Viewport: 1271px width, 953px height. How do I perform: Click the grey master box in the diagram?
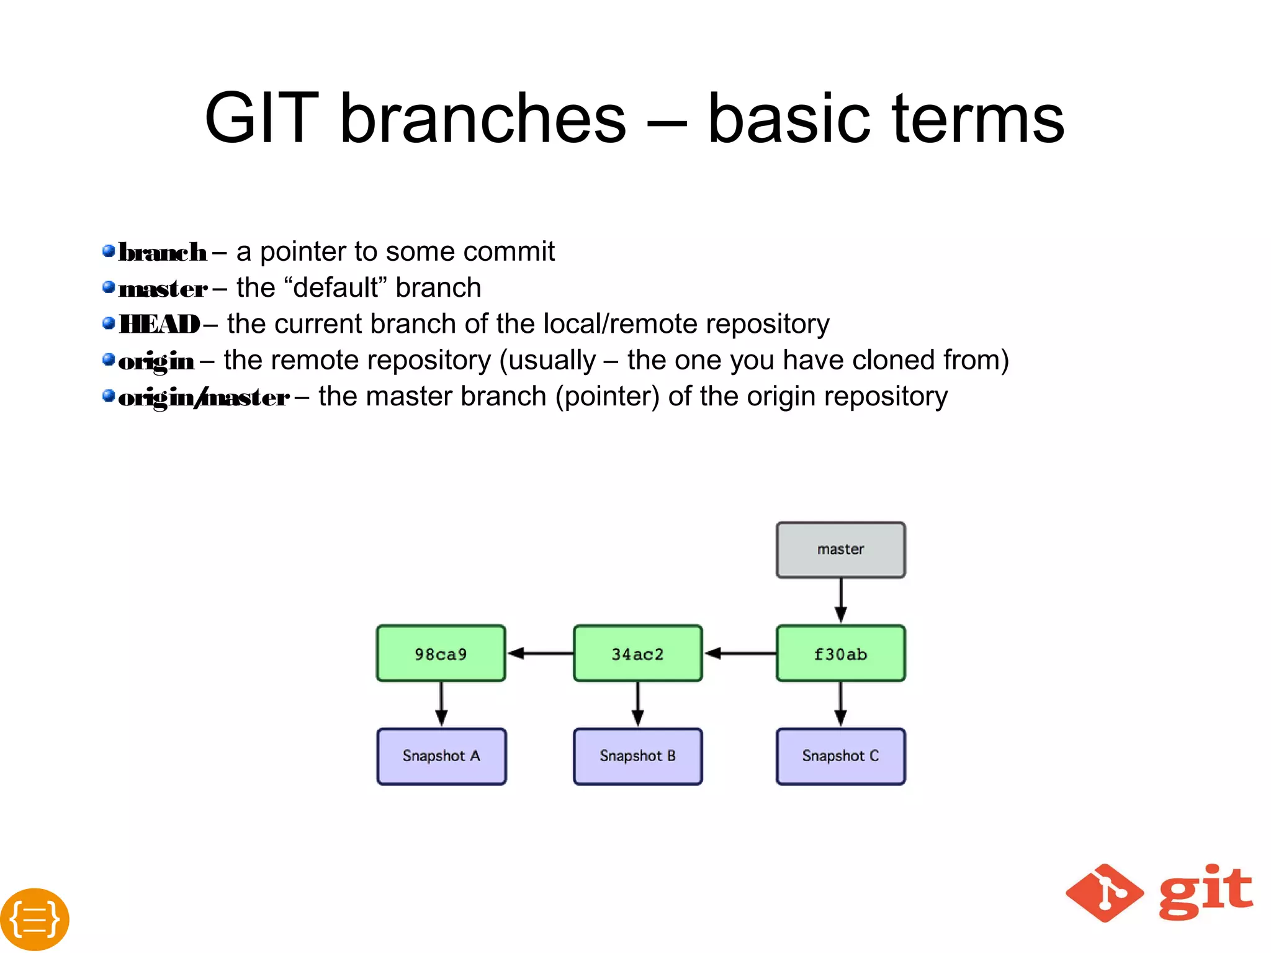840,550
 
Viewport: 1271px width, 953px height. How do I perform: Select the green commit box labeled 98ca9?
441,653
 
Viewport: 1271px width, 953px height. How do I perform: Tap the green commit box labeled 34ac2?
637,653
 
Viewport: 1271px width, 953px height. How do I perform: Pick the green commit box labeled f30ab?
840,653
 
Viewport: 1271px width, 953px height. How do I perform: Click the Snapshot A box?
441,756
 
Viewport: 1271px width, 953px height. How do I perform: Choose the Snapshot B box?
637,756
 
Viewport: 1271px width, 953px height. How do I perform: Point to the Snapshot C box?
840,756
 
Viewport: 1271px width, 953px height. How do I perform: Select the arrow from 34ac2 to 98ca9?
539,653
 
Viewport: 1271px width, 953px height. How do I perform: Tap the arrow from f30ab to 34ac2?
739,653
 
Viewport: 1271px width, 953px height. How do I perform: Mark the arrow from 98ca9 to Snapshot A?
441,704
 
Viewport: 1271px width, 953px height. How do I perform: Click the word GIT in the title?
261,118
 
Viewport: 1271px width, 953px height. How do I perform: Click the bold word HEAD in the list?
159,324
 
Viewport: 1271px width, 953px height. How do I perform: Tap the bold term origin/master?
204,397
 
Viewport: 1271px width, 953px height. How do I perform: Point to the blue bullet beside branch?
109,251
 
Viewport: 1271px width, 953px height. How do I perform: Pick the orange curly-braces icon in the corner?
34,919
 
